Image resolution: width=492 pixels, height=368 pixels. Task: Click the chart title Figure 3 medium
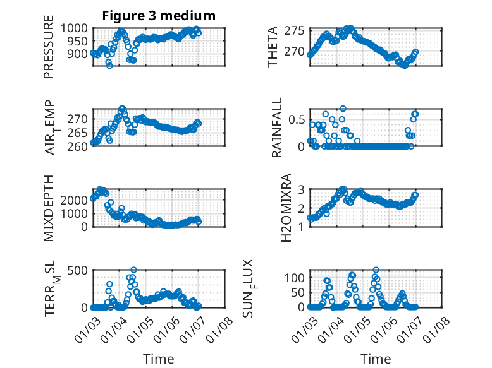[159, 16]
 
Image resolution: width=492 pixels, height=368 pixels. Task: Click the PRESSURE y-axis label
[49, 52]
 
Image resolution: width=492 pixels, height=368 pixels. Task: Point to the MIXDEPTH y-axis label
[49, 209]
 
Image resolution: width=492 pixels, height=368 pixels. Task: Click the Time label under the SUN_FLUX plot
[376, 359]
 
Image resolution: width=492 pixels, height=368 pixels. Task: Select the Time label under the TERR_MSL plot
[159, 359]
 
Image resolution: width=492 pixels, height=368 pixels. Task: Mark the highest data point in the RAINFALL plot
[343, 109]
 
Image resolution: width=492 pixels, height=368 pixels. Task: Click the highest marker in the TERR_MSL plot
[133, 270]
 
